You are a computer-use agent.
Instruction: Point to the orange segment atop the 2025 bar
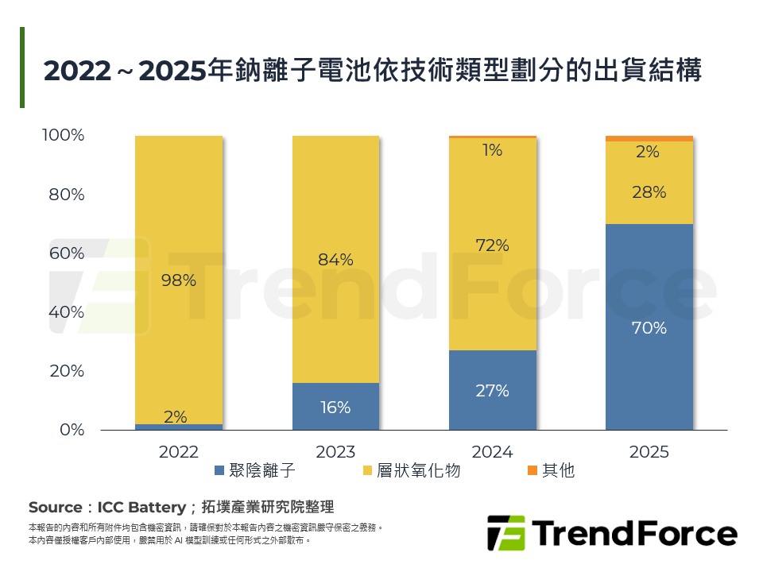coord(649,139)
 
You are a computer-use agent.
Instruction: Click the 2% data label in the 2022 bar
coord(176,416)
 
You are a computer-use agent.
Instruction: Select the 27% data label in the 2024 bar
coord(492,390)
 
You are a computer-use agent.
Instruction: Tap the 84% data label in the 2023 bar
coord(335,260)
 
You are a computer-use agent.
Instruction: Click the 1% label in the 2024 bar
coord(492,149)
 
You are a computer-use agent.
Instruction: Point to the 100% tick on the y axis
coord(63,136)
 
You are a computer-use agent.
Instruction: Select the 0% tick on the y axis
coord(71,430)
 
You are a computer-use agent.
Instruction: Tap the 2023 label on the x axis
coord(335,452)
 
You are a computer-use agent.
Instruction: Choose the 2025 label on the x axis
coord(649,452)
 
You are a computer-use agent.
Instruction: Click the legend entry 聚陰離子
coord(255,470)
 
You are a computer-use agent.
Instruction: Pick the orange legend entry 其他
coord(550,470)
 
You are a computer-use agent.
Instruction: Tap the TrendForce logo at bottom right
coord(612,533)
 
